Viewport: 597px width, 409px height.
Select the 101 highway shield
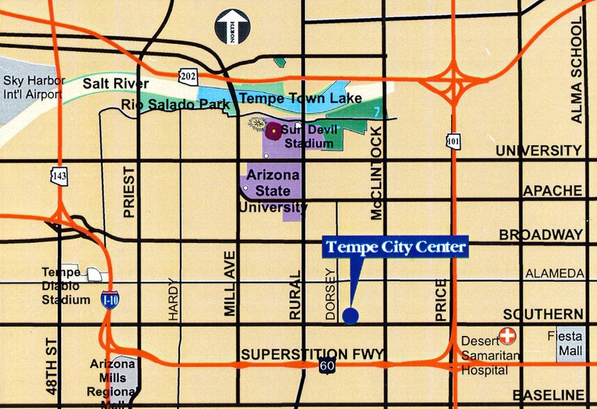coord(453,141)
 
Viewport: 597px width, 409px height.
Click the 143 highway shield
coord(60,177)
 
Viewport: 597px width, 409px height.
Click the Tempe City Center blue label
coord(395,247)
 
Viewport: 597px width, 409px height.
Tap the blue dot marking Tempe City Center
coord(351,316)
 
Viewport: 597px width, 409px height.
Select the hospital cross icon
coord(508,336)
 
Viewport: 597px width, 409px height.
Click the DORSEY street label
coord(331,294)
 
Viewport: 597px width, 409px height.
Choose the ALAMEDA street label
coord(554,274)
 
